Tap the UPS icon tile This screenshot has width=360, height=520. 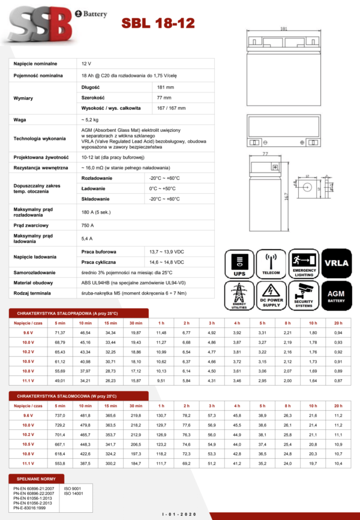pos(241,264)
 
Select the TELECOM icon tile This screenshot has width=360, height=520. pos(271,264)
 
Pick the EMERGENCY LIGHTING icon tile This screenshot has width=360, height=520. pos(304,264)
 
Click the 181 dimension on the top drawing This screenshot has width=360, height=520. pos(283,28)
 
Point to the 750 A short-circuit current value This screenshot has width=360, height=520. pos(88,225)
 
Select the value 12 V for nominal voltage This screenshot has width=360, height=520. pos(86,63)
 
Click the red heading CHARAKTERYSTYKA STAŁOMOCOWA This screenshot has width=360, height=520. pos(79,396)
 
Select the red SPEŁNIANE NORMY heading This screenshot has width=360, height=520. pos(36,479)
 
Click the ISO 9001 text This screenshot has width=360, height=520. pos(73,489)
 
